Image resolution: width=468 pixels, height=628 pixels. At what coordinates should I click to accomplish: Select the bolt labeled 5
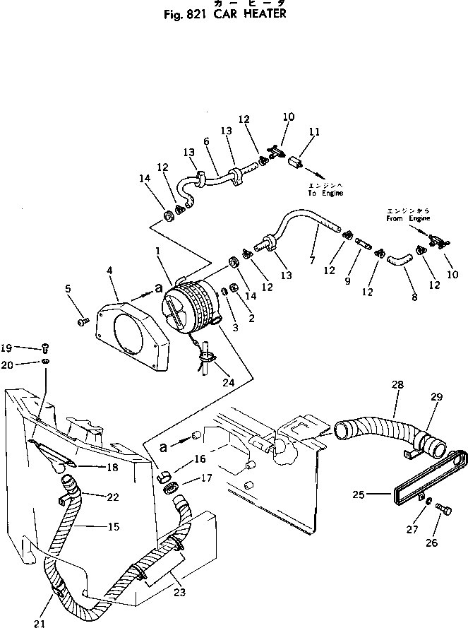[83, 321]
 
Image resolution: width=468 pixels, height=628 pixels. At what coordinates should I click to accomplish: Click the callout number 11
[314, 131]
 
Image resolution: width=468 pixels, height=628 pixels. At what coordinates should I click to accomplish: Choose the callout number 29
[436, 397]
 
